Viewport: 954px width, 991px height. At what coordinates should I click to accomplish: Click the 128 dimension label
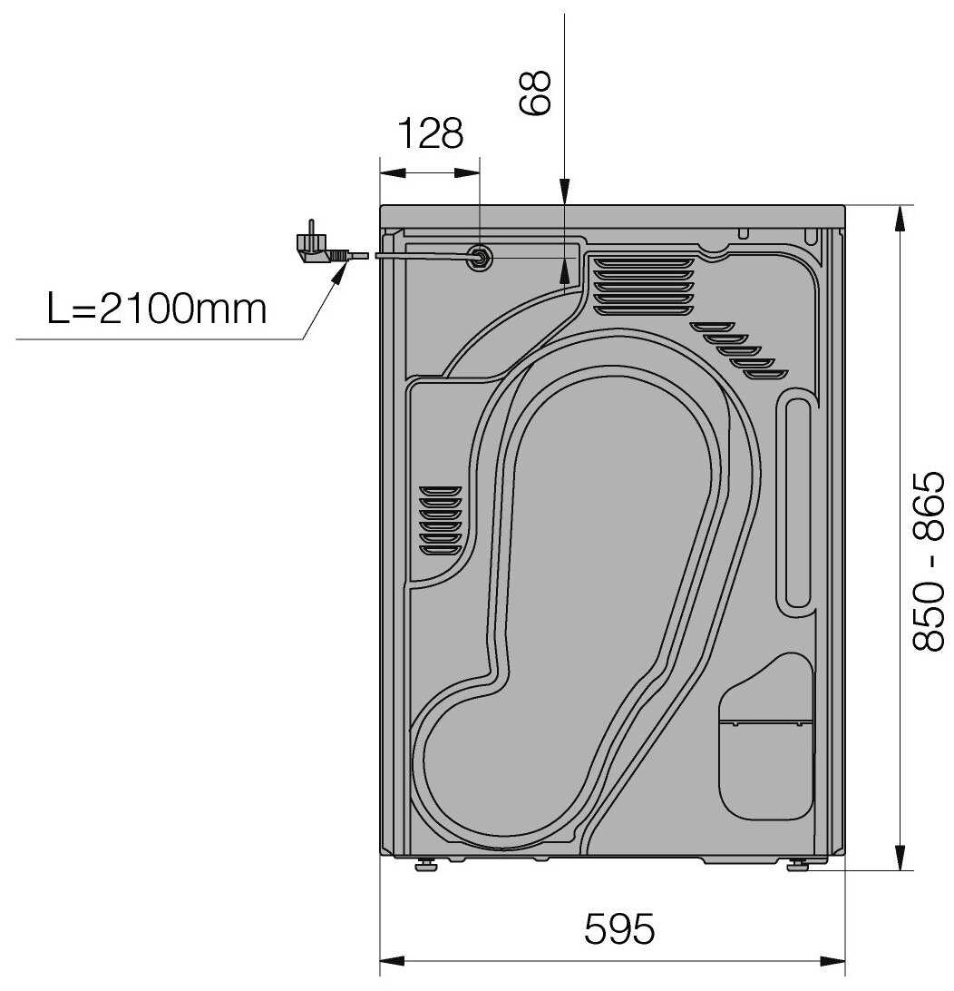tap(431, 133)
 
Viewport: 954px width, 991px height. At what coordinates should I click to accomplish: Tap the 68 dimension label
tap(534, 93)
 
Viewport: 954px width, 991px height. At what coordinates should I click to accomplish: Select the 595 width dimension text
tap(619, 928)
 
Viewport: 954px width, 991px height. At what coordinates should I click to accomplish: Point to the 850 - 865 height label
tap(929, 561)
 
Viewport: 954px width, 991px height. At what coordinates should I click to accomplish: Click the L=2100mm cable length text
tap(157, 309)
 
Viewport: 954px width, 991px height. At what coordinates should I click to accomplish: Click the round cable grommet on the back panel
tap(479, 257)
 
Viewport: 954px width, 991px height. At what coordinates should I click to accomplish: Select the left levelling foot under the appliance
tap(427, 865)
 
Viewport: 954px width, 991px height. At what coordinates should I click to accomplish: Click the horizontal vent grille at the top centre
tap(643, 286)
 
